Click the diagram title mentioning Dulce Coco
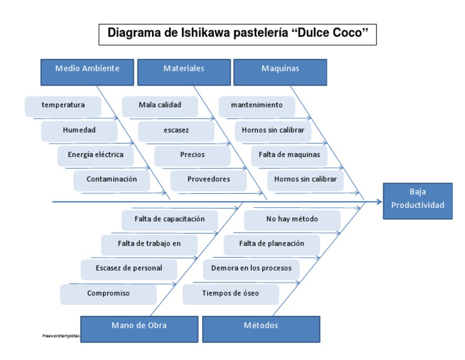tap(237, 34)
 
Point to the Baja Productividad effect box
tap(417, 201)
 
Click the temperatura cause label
tap(63, 105)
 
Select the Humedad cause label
tap(79, 130)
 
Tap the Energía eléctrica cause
tap(96, 155)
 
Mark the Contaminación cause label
tap(111, 179)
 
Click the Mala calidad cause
tap(160, 105)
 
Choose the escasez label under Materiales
tap(176, 130)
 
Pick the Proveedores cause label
tap(208, 179)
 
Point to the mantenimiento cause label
tap(257, 105)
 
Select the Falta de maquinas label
tap(289, 155)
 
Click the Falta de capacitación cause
tap(170, 219)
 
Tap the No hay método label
tap(292, 219)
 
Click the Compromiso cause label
tap(108, 294)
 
